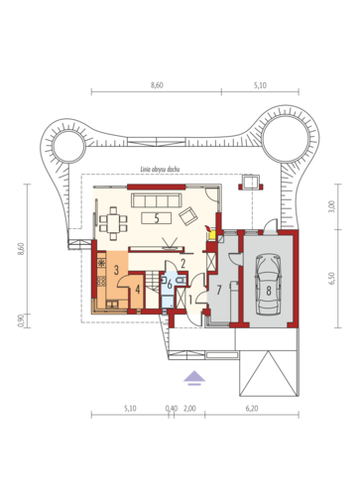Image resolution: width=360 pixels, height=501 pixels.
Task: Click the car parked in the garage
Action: point(269,285)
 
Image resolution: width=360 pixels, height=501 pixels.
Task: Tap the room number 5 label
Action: point(157,218)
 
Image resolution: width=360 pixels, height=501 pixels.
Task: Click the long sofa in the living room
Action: point(157,200)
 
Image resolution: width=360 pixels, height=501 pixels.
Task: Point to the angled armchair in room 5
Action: point(188,216)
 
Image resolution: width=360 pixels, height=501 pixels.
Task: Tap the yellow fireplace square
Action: point(212,235)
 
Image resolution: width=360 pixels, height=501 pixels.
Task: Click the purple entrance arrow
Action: point(194,378)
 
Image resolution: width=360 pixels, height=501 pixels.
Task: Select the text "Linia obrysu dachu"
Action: point(160,170)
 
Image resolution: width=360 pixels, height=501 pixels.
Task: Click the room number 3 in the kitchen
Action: point(116,270)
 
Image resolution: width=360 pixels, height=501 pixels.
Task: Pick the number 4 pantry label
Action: point(138,290)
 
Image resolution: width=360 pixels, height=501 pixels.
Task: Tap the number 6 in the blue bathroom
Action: point(170,285)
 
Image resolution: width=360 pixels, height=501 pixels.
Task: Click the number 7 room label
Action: point(218,290)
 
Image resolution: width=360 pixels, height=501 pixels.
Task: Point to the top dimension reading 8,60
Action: point(157,85)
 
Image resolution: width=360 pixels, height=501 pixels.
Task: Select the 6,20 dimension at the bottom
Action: point(252,409)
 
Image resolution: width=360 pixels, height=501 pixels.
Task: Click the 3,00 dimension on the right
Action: point(332,206)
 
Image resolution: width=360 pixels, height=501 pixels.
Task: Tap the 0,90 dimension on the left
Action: point(21,320)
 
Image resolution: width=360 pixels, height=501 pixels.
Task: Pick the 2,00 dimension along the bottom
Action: point(189,409)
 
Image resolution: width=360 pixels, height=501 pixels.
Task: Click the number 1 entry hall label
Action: point(190,300)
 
